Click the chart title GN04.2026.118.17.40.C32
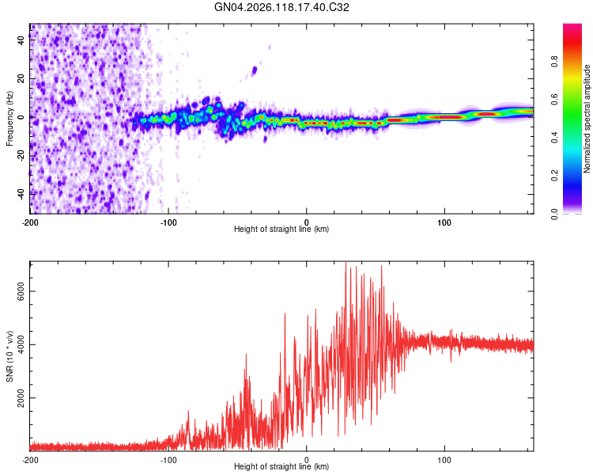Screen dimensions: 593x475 [x=281, y=7]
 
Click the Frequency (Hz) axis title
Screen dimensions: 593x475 [x=9, y=119]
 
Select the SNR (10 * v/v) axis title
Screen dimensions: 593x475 [x=9, y=356]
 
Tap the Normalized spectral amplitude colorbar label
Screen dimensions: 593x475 [x=587, y=119]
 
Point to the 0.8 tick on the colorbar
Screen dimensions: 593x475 [x=554, y=62]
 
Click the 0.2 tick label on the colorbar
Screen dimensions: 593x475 [x=554, y=176]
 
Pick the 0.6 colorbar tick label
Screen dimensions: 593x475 [x=554, y=100]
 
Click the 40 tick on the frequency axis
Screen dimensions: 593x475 [x=21, y=40]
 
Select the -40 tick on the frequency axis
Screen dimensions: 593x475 [x=21, y=194]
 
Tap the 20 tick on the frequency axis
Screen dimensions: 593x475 [x=21, y=78]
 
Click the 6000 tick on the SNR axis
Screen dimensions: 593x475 [x=21, y=291]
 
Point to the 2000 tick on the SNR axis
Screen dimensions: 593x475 [x=21, y=397]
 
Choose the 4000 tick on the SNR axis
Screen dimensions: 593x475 [x=21, y=344]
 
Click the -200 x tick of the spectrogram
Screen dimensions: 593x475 [x=30, y=222]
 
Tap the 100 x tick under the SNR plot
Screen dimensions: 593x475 [x=444, y=460]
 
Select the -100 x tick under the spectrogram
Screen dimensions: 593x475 [x=168, y=222]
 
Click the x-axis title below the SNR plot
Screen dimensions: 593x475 [x=281, y=466]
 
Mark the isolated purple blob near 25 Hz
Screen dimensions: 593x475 [x=255, y=70]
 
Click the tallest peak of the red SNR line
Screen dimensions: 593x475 [x=346, y=262]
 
